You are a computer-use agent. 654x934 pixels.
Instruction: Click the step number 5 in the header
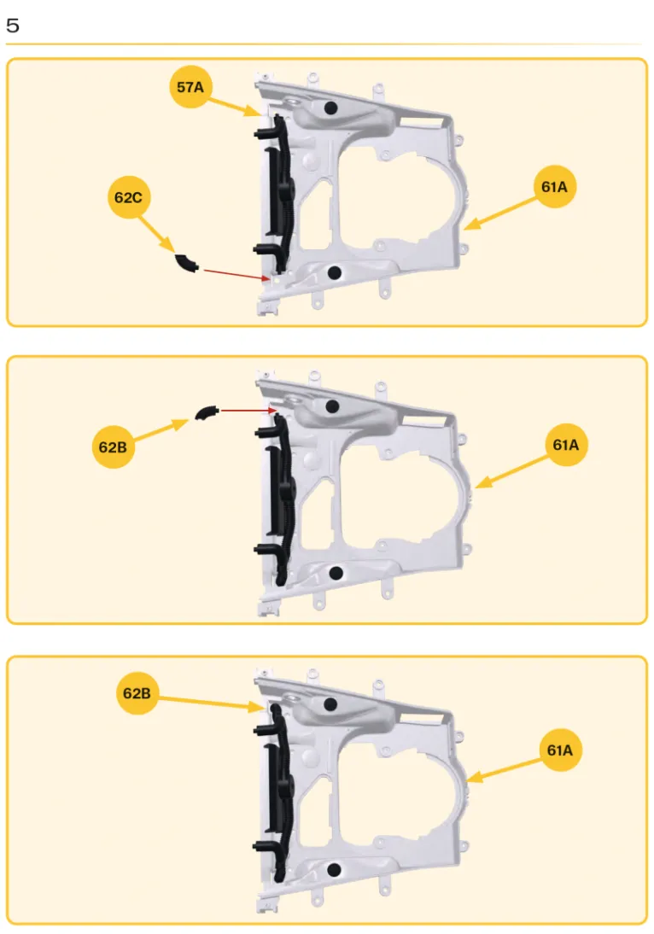click(x=13, y=25)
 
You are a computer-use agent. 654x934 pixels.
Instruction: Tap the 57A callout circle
click(x=190, y=87)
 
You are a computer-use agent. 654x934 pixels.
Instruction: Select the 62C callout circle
click(x=129, y=197)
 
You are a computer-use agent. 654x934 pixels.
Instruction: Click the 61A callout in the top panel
click(x=554, y=186)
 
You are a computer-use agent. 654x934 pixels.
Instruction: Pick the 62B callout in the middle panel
click(x=114, y=447)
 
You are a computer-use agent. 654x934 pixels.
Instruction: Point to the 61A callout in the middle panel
click(x=566, y=444)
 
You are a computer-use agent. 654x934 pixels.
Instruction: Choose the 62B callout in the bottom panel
click(x=137, y=692)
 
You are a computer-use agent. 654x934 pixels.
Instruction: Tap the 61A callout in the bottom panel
click(x=560, y=750)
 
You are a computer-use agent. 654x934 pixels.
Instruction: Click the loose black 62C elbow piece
click(x=186, y=263)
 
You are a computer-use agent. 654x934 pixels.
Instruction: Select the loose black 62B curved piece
click(x=206, y=412)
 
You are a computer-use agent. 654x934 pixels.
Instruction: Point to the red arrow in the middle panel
click(x=248, y=411)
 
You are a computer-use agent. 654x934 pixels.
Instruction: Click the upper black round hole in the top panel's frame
click(x=330, y=108)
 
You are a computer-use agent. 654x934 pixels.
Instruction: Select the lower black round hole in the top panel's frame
click(x=335, y=273)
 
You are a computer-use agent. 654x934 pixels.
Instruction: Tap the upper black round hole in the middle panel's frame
click(x=332, y=407)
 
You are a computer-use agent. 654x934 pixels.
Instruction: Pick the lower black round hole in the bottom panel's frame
click(x=334, y=870)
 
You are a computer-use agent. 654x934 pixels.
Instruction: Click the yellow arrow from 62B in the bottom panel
click(x=211, y=703)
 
